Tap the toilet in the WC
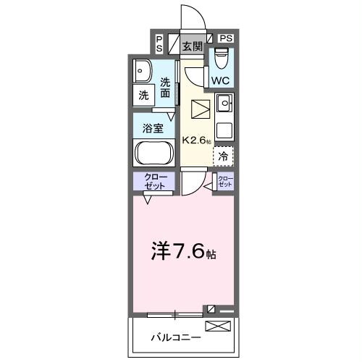click(221, 57)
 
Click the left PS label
click(159, 43)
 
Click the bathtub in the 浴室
click(153, 153)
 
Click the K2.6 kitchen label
click(195, 140)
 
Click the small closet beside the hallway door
click(226, 181)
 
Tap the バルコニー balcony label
click(171, 337)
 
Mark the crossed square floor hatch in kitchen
click(199, 109)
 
